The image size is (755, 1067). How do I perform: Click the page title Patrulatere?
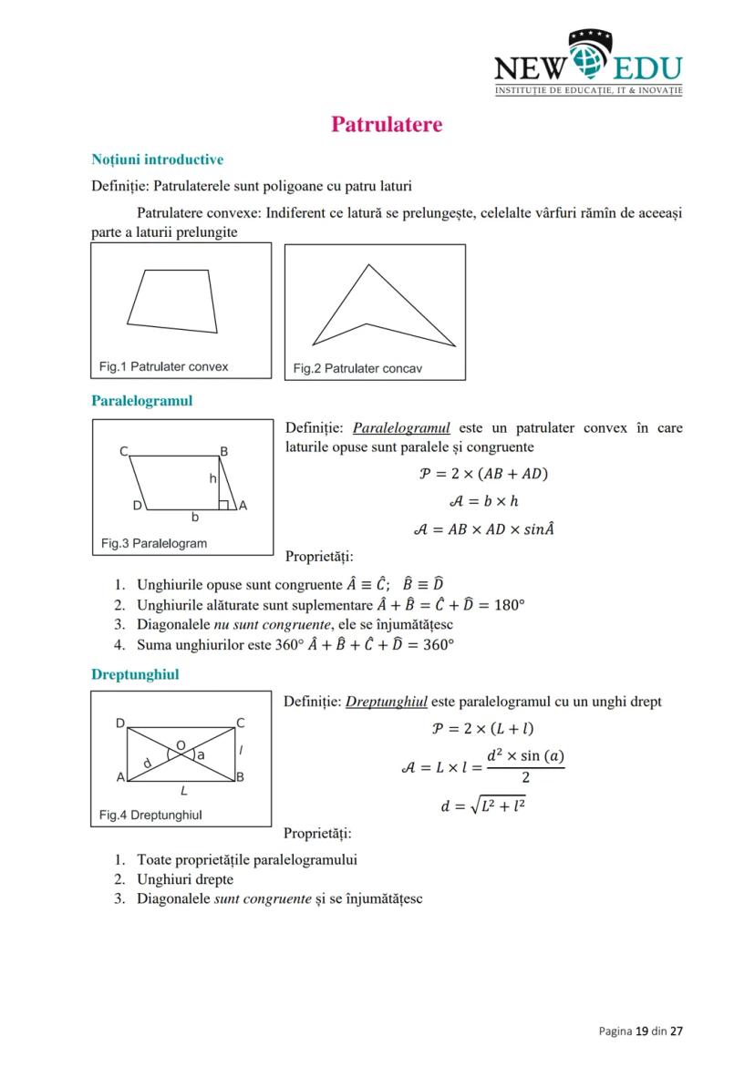coord(387,124)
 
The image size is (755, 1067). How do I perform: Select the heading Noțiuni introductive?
coord(157,159)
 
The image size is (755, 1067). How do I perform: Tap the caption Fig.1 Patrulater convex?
coord(163,366)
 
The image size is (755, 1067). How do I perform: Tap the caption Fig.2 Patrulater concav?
coord(357,369)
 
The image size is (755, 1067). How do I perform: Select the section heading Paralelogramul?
coord(141,400)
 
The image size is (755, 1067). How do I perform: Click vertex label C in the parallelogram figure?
coord(123,451)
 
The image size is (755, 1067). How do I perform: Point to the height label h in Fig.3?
coord(212,477)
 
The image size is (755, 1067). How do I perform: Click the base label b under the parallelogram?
coord(193,517)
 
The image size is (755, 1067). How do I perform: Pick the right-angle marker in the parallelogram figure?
coord(222,504)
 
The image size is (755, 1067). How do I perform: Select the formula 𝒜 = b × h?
coord(483,501)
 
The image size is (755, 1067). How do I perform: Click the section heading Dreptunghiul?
coord(135,674)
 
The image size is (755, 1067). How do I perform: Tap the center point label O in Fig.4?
coord(181,745)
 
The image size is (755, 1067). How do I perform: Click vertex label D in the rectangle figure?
coord(119,723)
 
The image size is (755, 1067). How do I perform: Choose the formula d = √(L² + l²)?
coord(482,806)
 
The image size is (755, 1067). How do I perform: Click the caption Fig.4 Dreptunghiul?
coord(150,815)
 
